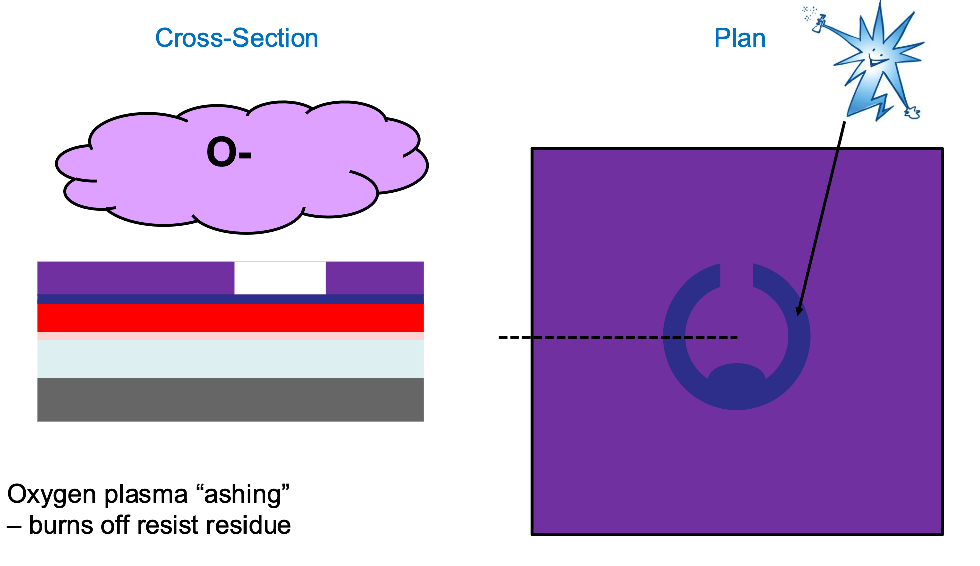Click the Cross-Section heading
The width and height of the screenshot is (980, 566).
[x=236, y=38]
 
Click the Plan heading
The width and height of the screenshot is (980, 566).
[x=740, y=38]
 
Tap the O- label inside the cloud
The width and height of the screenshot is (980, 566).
[x=228, y=152]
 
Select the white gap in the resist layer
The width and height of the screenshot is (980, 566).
[x=280, y=278]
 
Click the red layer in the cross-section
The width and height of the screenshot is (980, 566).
[x=230, y=317]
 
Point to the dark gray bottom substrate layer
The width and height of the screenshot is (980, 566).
[x=230, y=399]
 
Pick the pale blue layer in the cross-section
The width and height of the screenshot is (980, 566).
[x=230, y=359]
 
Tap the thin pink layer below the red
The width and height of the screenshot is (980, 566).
[x=230, y=336]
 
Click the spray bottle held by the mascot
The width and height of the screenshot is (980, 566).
[x=819, y=23]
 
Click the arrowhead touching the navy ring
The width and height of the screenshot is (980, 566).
[x=799, y=311]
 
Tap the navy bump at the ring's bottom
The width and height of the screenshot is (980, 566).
[x=737, y=376]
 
